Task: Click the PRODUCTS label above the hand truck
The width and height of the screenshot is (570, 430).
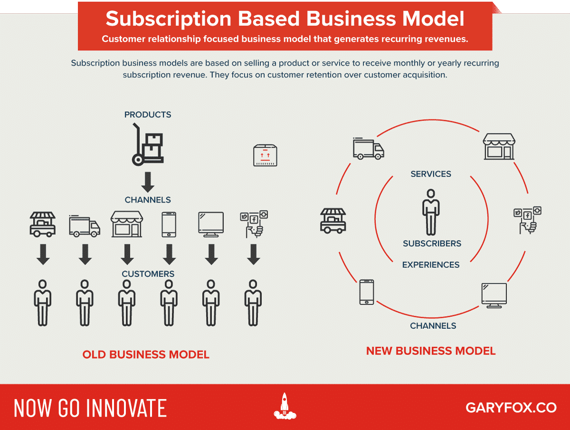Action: coord(148,115)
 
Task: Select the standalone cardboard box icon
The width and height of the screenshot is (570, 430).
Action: coord(265,155)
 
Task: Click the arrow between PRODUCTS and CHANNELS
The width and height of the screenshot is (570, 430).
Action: coord(148,182)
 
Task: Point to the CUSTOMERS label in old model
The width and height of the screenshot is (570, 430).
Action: coord(148,274)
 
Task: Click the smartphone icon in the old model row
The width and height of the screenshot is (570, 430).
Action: coord(169,224)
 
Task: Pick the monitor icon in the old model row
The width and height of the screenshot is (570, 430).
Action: coord(210,224)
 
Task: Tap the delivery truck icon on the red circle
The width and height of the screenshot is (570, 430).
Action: coord(368,149)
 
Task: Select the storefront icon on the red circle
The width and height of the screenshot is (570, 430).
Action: coord(499,146)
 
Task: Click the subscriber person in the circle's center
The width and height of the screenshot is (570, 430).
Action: coord(431,211)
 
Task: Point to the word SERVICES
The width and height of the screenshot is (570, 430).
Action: coord(431,174)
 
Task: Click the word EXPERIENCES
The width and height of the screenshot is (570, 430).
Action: coord(431,265)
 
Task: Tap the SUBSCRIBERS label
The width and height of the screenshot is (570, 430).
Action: coord(432,243)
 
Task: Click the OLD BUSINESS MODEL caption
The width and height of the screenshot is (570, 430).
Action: coord(146,354)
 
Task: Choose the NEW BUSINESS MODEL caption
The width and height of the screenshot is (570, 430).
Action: coord(431,351)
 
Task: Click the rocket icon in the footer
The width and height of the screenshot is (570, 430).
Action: coord(285,406)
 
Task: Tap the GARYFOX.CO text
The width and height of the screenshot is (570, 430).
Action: coord(511,408)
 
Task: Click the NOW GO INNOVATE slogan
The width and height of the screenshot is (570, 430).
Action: coord(90,408)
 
